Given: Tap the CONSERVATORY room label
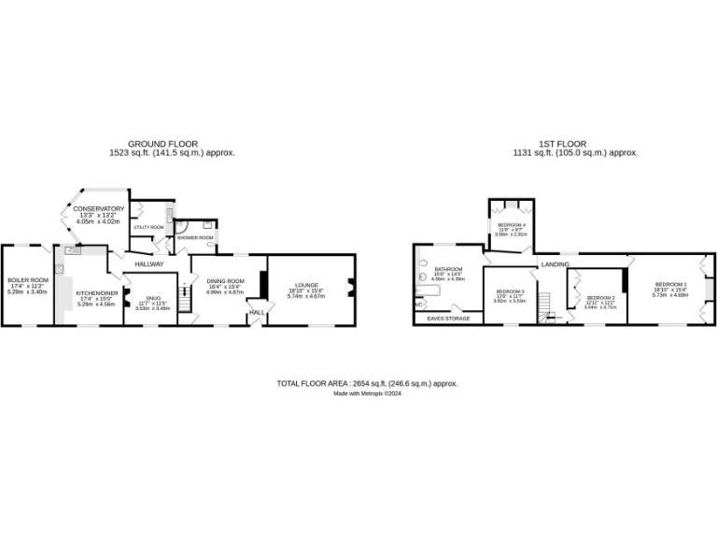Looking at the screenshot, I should coord(99,208).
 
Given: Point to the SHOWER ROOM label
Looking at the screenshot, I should coord(196,237).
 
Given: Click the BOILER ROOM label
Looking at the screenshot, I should coord(27,280).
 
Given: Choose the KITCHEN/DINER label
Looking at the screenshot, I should coord(94,292).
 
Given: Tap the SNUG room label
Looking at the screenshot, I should coord(153,298).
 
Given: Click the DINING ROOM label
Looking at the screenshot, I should coord(225,281).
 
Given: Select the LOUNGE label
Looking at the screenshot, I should coord(306,285).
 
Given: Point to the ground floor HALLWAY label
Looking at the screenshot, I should coord(149,264).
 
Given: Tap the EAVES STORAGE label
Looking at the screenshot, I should coord(447,319).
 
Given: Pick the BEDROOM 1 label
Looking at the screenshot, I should coord(670,284).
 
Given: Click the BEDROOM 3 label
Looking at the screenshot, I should coord(511,292).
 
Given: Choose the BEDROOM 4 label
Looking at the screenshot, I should coord(511,225).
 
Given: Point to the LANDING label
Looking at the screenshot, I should coord(555,263).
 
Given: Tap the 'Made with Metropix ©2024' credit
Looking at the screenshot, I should coord(367,393).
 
